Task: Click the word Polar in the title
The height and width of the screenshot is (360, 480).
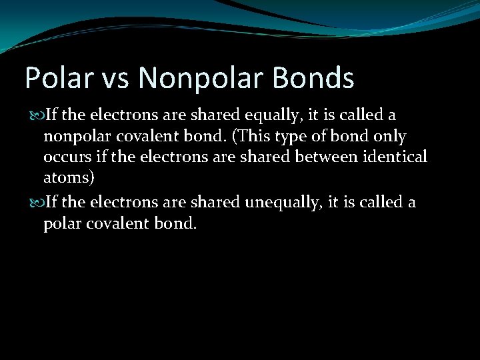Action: [57, 79]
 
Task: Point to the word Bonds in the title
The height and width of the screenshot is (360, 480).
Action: [313, 79]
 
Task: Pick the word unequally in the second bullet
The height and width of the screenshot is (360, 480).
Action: [280, 202]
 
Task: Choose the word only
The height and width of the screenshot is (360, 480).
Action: [391, 137]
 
